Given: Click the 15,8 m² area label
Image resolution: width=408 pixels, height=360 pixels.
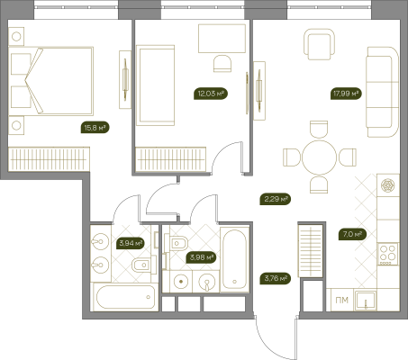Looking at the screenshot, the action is coord(95,128).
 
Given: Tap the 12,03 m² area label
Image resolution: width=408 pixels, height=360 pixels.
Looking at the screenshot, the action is coord(211,94).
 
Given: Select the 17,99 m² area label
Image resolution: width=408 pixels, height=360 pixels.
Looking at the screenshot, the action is coord(346,94).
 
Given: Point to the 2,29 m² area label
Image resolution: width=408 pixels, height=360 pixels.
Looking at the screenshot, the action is coord(276,199).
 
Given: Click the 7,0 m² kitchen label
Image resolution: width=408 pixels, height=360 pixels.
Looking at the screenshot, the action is coord(352,234).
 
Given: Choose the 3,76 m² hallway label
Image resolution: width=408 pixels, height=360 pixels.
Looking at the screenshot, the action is coord(276,278).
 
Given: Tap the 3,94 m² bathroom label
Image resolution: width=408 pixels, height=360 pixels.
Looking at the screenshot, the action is coord(130,243).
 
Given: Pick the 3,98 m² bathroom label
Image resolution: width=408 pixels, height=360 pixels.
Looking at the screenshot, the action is coord(201,257).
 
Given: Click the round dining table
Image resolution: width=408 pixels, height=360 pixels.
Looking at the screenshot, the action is coord(320,157).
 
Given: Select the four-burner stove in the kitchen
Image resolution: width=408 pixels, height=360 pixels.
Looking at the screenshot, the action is coord(388,254).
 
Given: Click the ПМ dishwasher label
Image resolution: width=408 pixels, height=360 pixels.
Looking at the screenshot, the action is coord(341,300).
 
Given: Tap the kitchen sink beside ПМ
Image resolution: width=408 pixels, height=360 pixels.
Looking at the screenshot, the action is coord(365,301).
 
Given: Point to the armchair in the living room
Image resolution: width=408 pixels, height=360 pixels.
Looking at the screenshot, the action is coord(319,44).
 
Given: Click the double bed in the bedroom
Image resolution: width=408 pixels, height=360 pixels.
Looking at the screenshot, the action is coord(50,81).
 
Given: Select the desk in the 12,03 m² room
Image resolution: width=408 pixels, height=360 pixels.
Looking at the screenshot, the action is coord(222,39).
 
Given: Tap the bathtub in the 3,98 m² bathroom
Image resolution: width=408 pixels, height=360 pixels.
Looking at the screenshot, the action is coord(234,259).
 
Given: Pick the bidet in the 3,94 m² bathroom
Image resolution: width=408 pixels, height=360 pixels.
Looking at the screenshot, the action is coord(144,265).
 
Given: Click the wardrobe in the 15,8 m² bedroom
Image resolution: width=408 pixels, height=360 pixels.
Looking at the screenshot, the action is coord(49,159).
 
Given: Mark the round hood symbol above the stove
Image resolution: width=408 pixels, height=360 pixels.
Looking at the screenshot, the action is coord(388,185).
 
